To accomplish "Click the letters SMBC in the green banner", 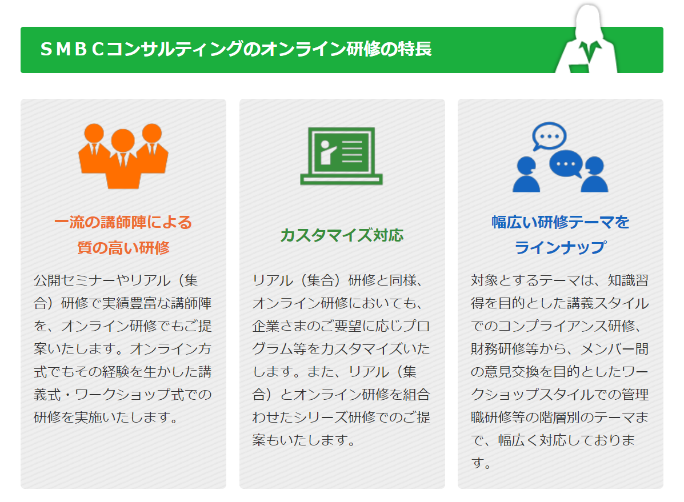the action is pyautogui.click(x=73, y=49).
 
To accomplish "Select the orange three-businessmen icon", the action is pyautogui.click(x=123, y=156).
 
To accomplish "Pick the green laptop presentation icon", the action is pyautogui.click(x=341, y=156).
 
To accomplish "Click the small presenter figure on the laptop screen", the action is pyautogui.click(x=327, y=152).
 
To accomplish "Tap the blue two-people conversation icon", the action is pyautogui.click(x=560, y=157).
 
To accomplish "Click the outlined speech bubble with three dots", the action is pyautogui.click(x=549, y=136).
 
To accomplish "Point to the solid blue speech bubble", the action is pyautogui.click(x=566, y=164).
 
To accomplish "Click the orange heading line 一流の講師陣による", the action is pyautogui.click(x=123, y=222).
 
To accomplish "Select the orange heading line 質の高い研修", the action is pyautogui.click(x=123, y=248).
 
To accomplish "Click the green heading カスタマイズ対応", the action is pyautogui.click(x=342, y=235).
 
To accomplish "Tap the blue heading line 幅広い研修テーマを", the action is pyautogui.click(x=561, y=222).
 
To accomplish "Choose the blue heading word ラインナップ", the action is pyautogui.click(x=561, y=248).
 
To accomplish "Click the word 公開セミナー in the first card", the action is pyautogui.click(x=75, y=280).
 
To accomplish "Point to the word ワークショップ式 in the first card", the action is pyautogui.click(x=129, y=394).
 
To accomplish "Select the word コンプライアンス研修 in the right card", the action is pyautogui.click(x=567, y=326).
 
